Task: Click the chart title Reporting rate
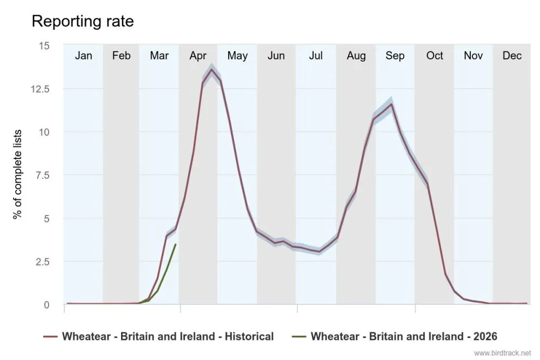(83, 21)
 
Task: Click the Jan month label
(83, 56)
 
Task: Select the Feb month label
(121, 56)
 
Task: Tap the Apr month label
(198, 56)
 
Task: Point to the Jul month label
(316, 56)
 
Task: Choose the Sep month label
(395, 56)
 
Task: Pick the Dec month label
(512, 56)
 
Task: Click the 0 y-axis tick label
(46, 305)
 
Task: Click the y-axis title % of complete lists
(18, 174)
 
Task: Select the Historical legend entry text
(168, 336)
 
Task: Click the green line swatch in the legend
(301, 336)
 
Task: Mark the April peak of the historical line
(211, 69)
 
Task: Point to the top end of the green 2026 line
(176, 244)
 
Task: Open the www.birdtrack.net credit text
(503, 353)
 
